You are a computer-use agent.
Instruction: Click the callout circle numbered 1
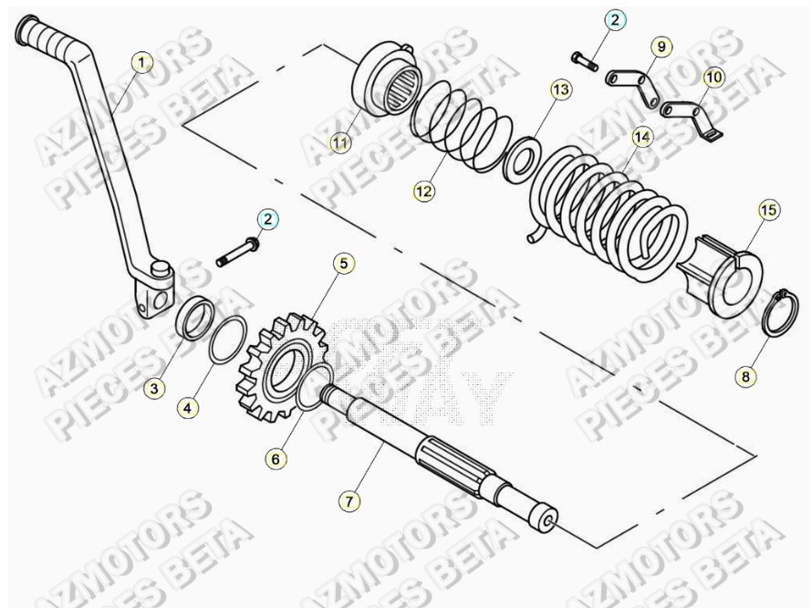141,63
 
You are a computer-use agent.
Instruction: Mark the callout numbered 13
559,89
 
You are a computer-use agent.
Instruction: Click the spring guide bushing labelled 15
725,268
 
